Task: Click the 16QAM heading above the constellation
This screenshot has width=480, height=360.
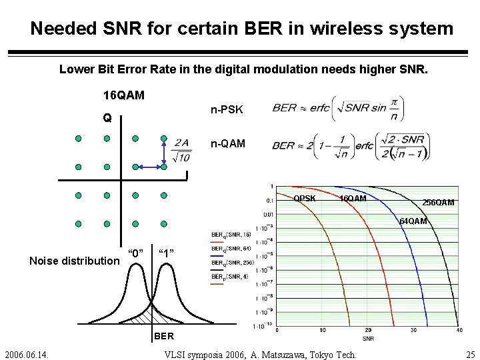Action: (123, 95)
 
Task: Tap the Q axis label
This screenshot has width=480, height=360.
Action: (107, 119)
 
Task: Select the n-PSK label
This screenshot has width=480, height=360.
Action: (227, 109)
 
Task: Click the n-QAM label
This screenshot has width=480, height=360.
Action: (228, 143)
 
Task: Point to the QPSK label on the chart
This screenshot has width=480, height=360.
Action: (305, 198)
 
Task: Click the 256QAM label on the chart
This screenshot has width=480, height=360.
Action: (439, 203)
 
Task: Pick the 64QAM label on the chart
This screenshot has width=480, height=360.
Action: (413, 221)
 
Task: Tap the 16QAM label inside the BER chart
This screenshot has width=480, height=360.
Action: (353, 199)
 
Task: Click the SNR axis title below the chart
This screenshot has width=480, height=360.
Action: (368, 338)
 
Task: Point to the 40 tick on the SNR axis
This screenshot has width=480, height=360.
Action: (458, 330)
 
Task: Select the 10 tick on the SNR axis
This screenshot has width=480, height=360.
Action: (323, 330)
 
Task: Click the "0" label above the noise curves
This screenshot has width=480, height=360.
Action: (136, 253)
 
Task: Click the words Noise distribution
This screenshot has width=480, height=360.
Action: (73, 261)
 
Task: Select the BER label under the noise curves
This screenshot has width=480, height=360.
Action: (164, 335)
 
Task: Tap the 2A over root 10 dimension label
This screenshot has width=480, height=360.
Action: (181, 151)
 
